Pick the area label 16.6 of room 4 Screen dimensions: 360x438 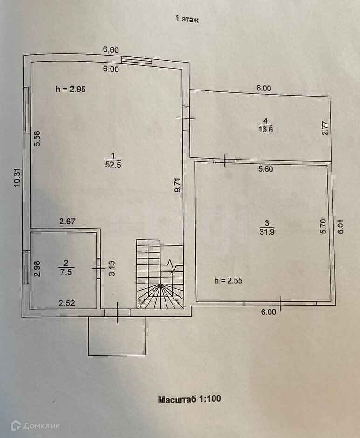tap(265, 129)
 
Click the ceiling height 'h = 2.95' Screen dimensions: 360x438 tap(70, 90)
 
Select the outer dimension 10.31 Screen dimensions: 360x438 tap(17, 177)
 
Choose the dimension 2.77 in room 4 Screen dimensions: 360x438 tap(325, 128)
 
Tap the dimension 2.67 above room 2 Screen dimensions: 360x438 tap(67, 221)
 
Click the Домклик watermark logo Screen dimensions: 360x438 tap(35, 425)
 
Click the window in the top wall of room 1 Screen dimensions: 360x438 tap(137, 61)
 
